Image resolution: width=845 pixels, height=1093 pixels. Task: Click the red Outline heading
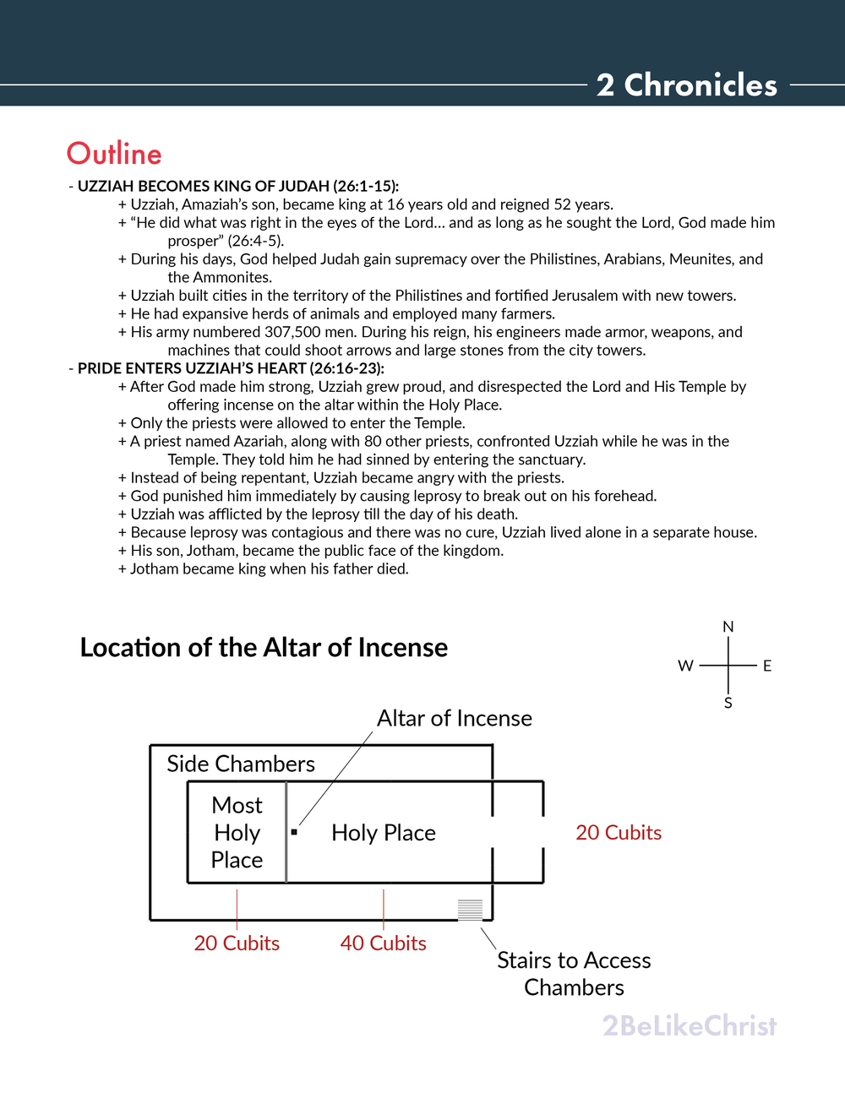pyautogui.click(x=114, y=154)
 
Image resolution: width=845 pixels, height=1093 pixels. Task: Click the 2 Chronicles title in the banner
pyautogui.click(x=686, y=85)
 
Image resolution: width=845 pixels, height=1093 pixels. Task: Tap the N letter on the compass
pyautogui.click(x=728, y=627)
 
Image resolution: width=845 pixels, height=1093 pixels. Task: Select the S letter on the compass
pyautogui.click(x=728, y=703)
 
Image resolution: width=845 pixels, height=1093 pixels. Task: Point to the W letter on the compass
pyautogui.click(x=685, y=666)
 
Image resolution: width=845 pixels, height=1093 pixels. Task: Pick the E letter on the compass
pyautogui.click(x=767, y=666)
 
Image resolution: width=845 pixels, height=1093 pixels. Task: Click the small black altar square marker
pyautogui.click(x=294, y=832)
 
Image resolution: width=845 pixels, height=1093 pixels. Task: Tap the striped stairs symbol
pyautogui.click(x=470, y=910)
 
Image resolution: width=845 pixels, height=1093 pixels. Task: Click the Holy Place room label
pyautogui.click(x=384, y=833)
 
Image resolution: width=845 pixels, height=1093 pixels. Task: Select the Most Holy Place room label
pyautogui.click(x=237, y=832)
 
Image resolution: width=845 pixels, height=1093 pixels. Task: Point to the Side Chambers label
pyautogui.click(x=241, y=764)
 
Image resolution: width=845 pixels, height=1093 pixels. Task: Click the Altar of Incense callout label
pyautogui.click(x=455, y=718)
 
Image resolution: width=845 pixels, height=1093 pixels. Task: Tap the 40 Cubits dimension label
pyautogui.click(x=384, y=943)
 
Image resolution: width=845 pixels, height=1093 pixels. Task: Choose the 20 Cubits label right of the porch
pyautogui.click(x=619, y=832)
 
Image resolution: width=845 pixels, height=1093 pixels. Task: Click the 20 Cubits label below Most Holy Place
pyautogui.click(x=237, y=943)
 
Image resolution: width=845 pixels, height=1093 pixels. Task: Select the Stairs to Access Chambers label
pyautogui.click(x=574, y=973)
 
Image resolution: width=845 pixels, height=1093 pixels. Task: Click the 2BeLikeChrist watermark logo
pyautogui.click(x=690, y=1025)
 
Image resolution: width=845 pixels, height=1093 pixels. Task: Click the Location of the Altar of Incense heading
pyautogui.click(x=264, y=647)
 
